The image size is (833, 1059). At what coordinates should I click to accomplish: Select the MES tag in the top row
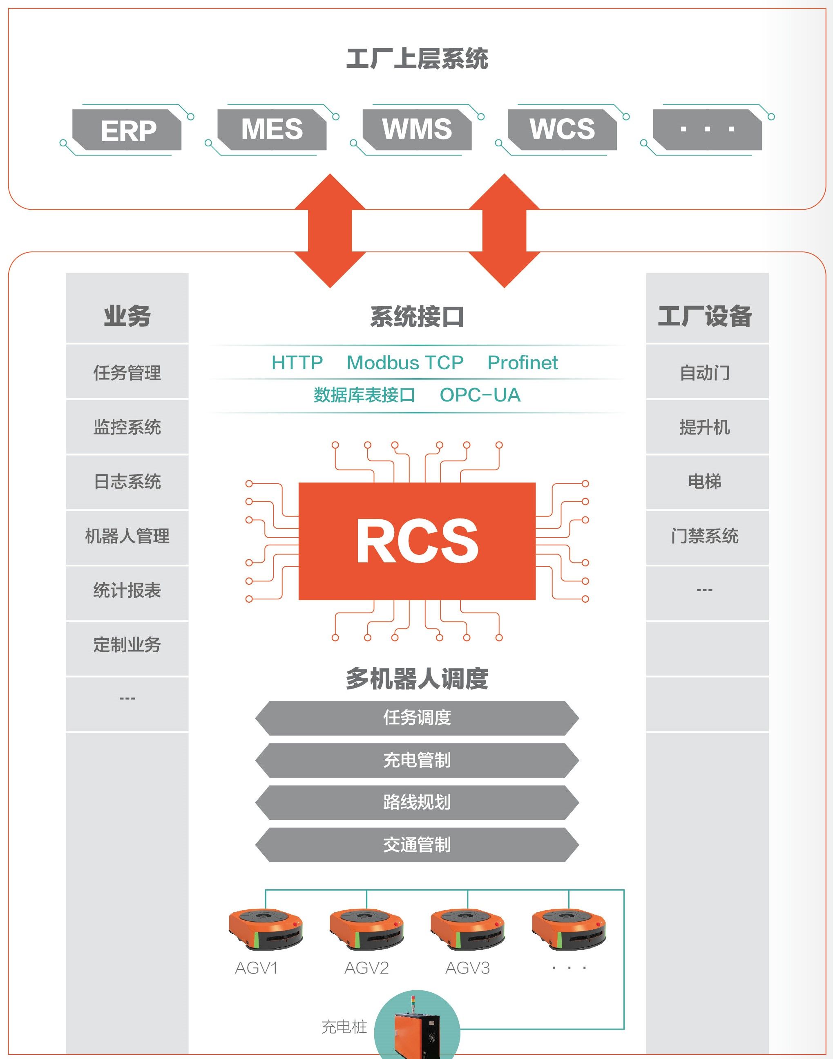[272, 129]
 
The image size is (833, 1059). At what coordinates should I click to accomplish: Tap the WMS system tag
[417, 129]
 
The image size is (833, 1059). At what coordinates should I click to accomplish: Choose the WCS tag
[562, 129]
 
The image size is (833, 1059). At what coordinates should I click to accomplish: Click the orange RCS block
[417, 541]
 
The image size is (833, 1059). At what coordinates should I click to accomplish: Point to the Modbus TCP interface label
[405, 363]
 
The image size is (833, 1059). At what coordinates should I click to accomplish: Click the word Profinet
[523, 363]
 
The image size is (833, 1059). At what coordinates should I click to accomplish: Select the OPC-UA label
[480, 395]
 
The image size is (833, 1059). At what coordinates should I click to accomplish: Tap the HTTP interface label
[297, 363]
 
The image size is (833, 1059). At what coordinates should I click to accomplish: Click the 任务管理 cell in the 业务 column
[127, 372]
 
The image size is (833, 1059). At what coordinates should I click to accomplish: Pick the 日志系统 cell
[127, 482]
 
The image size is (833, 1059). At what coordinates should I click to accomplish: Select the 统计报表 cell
[127, 590]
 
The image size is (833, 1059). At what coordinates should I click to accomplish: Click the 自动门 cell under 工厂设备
[705, 372]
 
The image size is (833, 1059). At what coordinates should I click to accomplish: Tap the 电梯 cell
[705, 482]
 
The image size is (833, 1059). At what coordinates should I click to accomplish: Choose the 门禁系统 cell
[705, 536]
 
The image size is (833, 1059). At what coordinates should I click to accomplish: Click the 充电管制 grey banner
[417, 760]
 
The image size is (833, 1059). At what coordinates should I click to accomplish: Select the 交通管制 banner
[417, 844]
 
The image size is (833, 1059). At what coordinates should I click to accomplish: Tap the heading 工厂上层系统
[417, 58]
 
